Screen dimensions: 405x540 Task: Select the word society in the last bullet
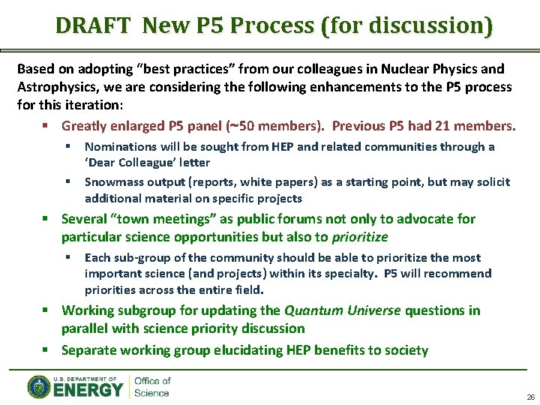406,350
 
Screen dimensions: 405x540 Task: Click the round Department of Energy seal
39,387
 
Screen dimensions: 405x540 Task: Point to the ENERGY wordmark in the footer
88,390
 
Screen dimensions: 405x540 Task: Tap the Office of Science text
152,387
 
